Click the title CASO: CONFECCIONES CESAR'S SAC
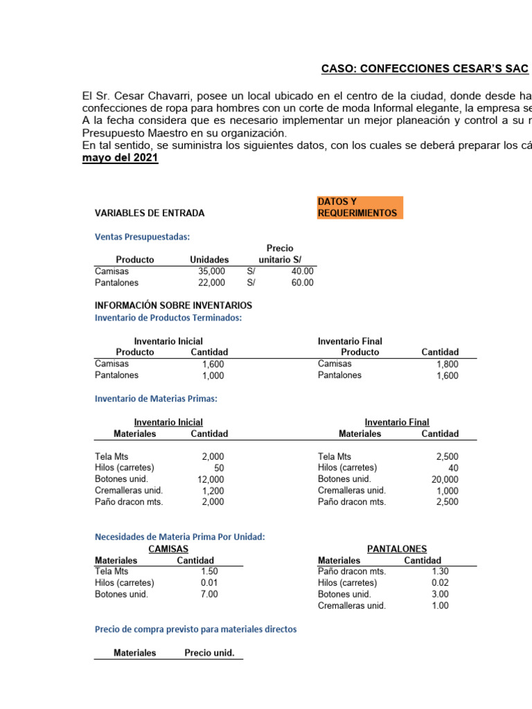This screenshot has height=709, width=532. pyautogui.click(x=425, y=69)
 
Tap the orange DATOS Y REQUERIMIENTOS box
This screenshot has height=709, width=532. pyautogui.click(x=360, y=207)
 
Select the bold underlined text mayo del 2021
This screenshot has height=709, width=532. pyautogui.click(x=120, y=158)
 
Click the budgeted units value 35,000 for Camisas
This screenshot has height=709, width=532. pyautogui.click(x=211, y=271)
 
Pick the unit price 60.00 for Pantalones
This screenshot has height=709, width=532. pyautogui.click(x=302, y=282)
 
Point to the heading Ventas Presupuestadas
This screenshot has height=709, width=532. pyautogui.click(x=141, y=237)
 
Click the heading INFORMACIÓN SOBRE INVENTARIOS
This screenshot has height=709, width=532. pyautogui.click(x=173, y=305)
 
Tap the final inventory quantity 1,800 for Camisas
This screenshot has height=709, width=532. pyautogui.click(x=447, y=364)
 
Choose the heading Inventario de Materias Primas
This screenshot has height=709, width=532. pyautogui.click(x=156, y=398)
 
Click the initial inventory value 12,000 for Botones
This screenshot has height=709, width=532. pyautogui.click(x=211, y=479)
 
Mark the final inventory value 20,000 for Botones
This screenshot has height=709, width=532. pyautogui.click(x=444, y=479)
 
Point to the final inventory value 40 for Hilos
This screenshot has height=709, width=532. pyautogui.click(x=452, y=468)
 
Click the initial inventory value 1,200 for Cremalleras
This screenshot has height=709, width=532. pyautogui.click(x=213, y=491)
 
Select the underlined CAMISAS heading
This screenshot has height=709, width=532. pyautogui.click(x=168, y=548)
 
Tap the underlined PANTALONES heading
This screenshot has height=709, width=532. pyautogui.click(x=397, y=548)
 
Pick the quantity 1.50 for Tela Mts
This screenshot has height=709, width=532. pyautogui.click(x=209, y=571)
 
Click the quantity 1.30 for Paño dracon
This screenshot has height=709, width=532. pyautogui.click(x=440, y=571)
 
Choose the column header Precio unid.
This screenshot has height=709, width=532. pyautogui.click(x=209, y=652)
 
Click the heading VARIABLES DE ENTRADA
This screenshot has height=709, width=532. pyautogui.click(x=150, y=213)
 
